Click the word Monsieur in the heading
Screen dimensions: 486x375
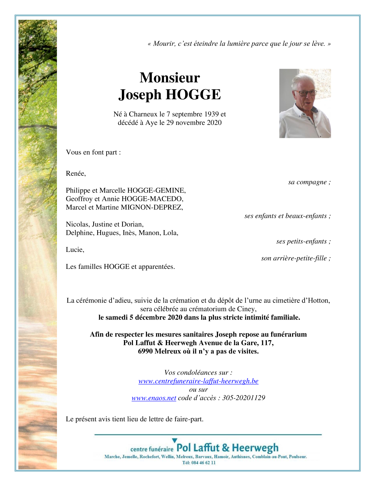169,78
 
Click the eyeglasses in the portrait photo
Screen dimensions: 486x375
305,93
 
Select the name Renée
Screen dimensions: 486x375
75,174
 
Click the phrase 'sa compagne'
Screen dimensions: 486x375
307,182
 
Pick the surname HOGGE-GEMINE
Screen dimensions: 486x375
157,190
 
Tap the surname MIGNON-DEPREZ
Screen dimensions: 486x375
151,207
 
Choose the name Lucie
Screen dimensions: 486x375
75,250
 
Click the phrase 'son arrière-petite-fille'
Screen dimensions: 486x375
294,258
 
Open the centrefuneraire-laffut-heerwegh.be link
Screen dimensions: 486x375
198,381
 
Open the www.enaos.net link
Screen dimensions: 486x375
154,398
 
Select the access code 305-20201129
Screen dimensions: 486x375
244,398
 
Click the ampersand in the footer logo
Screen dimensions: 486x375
226,448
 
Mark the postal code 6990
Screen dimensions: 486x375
145,352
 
